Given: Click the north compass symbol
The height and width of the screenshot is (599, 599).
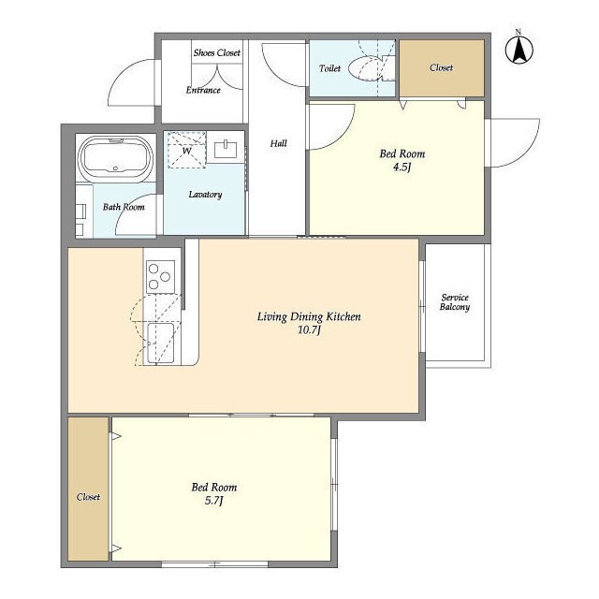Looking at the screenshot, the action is pos(519,49).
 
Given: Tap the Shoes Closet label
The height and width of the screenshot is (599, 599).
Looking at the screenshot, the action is pos(217,52).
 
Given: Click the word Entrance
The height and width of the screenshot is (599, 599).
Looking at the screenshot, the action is pos(203,90).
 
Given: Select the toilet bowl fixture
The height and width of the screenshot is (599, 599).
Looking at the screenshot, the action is pos(367,68).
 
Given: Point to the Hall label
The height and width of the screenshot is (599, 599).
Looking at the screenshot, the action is pos(279,143).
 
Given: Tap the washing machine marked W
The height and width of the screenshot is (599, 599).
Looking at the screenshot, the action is pos(187,150).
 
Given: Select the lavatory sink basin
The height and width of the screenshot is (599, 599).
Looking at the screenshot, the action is pos(226,149).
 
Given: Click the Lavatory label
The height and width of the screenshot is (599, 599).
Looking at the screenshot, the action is pos(205,195).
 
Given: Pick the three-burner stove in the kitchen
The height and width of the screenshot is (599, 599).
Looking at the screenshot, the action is pos(160,277).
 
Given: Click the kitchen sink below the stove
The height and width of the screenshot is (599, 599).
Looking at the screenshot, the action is pos(160,343).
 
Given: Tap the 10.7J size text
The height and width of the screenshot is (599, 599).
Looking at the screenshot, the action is pos(309,330).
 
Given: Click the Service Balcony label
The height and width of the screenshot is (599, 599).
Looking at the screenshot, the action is pos(455,302).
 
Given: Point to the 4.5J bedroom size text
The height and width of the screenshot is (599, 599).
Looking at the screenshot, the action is pos(402,168).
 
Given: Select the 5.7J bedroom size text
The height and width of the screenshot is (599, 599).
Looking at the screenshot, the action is pos(214,501).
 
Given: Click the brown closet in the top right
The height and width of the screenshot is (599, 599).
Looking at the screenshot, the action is pos(442,68).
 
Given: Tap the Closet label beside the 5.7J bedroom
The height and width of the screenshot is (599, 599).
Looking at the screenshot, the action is pos(88,497).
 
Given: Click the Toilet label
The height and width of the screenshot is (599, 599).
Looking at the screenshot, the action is pos(329,68).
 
